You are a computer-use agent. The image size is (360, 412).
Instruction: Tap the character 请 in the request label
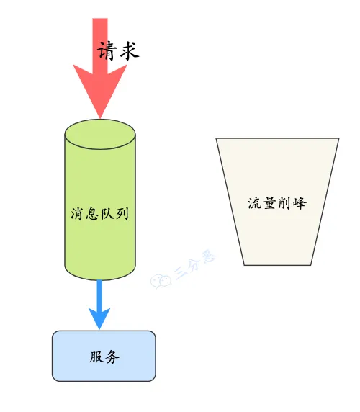tap(107, 50)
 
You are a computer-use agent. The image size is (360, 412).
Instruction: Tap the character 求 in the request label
tap(130, 50)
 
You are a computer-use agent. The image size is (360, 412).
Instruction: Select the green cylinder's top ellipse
tap(100, 134)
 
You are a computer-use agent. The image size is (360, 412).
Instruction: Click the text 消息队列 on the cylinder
tap(100, 213)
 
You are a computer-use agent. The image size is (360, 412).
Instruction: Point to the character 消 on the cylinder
tap(78, 213)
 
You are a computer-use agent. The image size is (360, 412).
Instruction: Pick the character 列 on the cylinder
tap(122, 213)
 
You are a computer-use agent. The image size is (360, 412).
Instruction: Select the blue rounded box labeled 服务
tap(104, 356)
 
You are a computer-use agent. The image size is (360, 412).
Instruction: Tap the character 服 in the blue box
tap(96, 357)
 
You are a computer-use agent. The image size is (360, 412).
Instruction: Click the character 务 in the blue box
tap(112, 357)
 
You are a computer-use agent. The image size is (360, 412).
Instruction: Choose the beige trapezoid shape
tap(277, 201)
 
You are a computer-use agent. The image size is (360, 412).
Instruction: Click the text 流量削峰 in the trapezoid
tap(277, 203)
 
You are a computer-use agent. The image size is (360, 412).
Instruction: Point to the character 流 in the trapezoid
tap(255, 203)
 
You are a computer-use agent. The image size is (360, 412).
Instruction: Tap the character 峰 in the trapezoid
tap(300, 203)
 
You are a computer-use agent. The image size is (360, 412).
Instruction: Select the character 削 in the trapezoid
tap(285, 203)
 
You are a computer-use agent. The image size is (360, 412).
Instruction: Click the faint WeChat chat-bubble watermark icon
tap(161, 281)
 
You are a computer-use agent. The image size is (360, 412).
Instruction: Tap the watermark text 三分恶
tap(194, 264)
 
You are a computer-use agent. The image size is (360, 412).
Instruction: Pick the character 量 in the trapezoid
tap(270, 203)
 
